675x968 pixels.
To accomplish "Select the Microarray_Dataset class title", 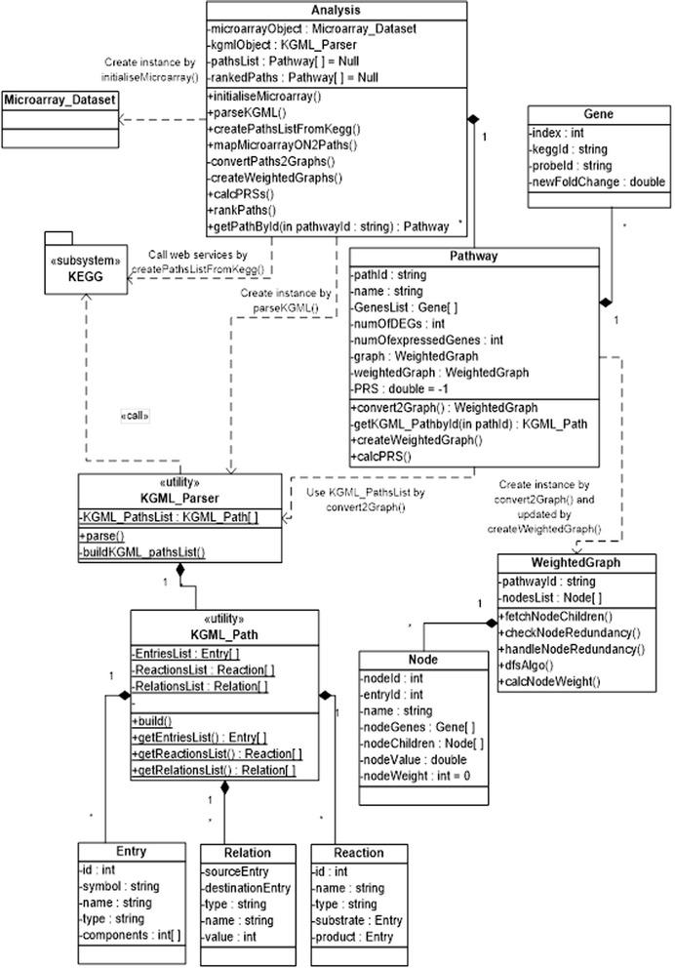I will tap(60, 101).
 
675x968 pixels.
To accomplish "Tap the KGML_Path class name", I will tap(223, 633).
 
